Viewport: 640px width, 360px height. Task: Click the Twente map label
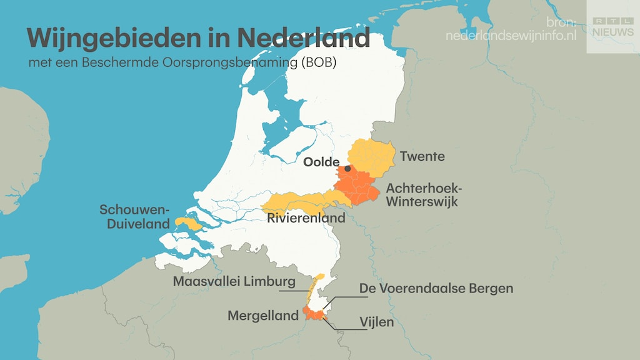422,156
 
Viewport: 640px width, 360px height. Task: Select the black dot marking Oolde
347,168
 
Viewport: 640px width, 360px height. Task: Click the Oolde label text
321,162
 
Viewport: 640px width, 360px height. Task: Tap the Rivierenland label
306,218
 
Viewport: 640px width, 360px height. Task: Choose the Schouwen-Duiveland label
134,216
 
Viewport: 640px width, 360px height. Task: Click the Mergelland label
262,316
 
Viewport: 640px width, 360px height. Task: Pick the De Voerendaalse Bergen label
436,288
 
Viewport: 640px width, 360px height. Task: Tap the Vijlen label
376,322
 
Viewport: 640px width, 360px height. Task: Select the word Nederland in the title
302,39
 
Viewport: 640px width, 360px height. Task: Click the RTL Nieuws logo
612,27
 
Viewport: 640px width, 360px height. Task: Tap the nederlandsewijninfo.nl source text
511,36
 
